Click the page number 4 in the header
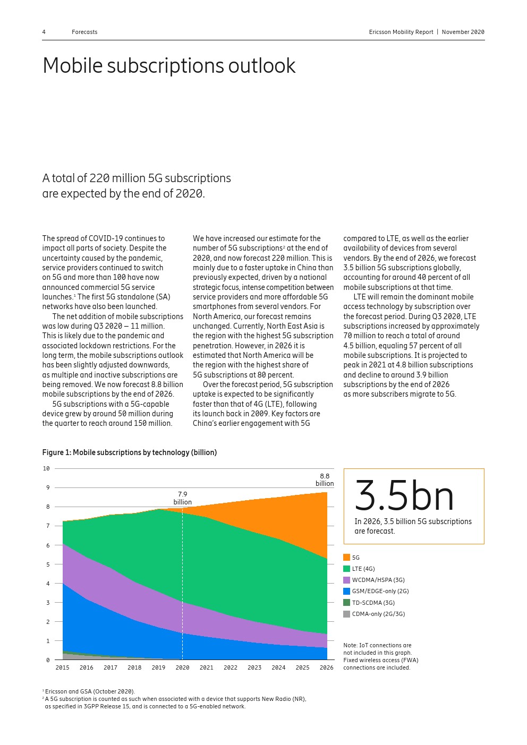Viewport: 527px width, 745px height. tap(44, 32)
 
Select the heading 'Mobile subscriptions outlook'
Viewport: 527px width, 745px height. tap(168, 66)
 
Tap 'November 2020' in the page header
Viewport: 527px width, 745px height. tap(463, 32)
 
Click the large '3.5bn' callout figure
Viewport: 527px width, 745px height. tap(404, 496)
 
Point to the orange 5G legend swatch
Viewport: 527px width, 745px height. tap(346, 558)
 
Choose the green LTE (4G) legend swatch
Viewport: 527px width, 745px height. tap(346, 569)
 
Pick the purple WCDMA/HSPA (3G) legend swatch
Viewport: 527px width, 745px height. tap(346, 580)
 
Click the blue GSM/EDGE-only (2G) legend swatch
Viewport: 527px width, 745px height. tap(346, 591)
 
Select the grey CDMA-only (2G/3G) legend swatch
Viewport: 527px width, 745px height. tap(346, 614)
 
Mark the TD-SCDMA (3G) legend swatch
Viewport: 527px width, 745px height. tap(346, 603)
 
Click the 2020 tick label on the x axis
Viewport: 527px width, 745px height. tap(182, 667)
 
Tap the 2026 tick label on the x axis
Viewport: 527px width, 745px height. tap(326, 667)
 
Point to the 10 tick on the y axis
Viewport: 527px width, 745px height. tap(46, 468)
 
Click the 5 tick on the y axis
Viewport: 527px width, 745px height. tap(48, 564)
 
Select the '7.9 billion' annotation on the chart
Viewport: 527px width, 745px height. tap(182, 498)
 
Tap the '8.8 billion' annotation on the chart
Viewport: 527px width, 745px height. tap(324, 480)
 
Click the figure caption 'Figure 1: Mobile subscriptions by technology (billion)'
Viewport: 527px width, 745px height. tap(129, 452)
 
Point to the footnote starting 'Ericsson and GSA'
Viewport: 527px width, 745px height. tap(89, 691)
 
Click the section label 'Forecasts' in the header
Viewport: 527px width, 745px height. tap(84, 32)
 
